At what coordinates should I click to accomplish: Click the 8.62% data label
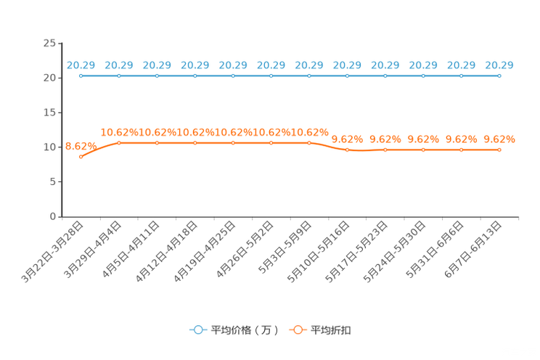[x=81, y=147]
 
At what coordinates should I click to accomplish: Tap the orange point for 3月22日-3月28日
[x=81, y=157]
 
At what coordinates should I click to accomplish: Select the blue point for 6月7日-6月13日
[x=499, y=75]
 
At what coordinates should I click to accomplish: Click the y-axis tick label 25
[x=49, y=44]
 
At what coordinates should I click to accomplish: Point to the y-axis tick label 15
[x=49, y=112]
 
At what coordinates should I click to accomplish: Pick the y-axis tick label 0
[x=53, y=217]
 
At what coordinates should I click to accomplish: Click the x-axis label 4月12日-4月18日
[x=166, y=252]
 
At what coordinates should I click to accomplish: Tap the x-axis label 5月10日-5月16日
[x=319, y=252]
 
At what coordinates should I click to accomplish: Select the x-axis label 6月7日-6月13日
[x=472, y=250]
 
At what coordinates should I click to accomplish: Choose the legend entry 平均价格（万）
[x=234, y=330]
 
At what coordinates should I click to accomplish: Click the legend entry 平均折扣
[x=320, y=330]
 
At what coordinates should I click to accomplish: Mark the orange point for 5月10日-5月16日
[x=347, y=150]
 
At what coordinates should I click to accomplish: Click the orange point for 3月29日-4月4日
[x=119, y=143]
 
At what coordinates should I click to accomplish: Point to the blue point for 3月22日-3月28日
[x=81, y=75]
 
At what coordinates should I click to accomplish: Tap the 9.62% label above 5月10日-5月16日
[x=347, y=139]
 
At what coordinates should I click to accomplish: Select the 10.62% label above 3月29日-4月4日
[x=119, y=132]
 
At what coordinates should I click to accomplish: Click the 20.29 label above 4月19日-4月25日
[x=233, y=65]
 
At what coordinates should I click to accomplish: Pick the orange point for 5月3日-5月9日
[x=309, y=143]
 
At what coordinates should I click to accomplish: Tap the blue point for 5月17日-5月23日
[x=385, y=75]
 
